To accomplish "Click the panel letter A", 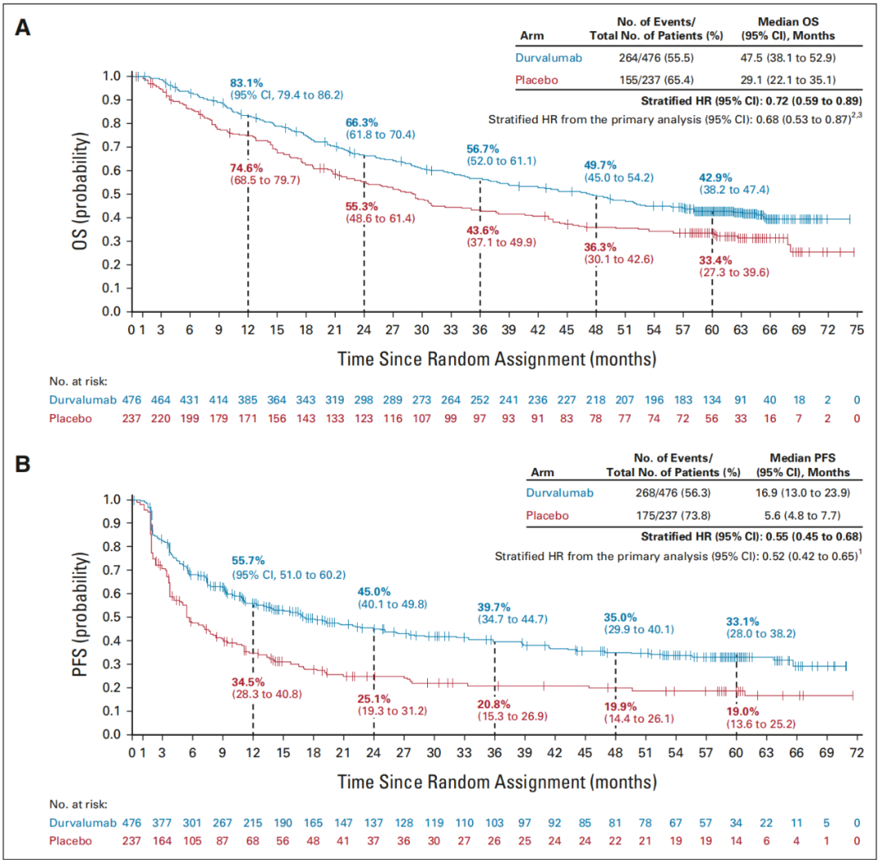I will [x=24, y=27].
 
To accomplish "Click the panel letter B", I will [x=24, y=465].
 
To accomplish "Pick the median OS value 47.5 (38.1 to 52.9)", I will [x=787, y=58].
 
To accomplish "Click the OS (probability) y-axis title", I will [x=80, y=194].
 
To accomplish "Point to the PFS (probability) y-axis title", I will [x=80, y=616].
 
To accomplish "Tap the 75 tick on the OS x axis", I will [x=855, y=329].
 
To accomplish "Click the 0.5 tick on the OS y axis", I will [x=111, y=194].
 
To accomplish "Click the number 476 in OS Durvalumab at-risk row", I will [x=132, y=400].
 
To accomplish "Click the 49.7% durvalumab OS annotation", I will [x=602, y=165].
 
